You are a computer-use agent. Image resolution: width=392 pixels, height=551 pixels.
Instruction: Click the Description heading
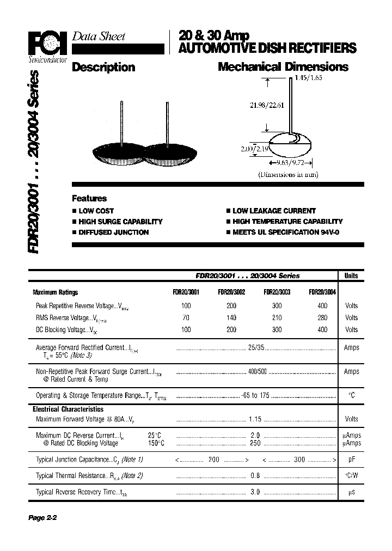pos(103,68)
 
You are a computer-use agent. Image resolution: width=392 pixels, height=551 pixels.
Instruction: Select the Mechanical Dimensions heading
pos(283,68)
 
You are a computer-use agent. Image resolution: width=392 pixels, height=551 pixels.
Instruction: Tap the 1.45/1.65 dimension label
pos(309,78)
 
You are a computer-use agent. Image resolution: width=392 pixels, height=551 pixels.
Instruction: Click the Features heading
pos(89,199)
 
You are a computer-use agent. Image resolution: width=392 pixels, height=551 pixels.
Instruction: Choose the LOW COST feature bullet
pos(96,211)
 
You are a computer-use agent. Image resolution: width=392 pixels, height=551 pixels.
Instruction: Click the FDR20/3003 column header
pos(277,292)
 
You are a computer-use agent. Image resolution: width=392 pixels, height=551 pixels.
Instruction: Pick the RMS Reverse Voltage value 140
pos(231,317)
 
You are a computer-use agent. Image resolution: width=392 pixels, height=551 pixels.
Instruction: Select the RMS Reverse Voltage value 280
pos(322,317)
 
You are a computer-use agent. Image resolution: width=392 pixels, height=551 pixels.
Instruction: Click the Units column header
pos(351,276)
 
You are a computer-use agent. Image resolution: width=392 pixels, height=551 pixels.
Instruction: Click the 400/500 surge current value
pos(258,371)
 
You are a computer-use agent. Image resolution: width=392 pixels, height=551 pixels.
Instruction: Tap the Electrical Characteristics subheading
pos(68,409)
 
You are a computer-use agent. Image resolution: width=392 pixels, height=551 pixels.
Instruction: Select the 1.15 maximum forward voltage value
pos(255,419)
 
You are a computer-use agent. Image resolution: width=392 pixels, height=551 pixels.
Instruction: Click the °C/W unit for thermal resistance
pos(351,475)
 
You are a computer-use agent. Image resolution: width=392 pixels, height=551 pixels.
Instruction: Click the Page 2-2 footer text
pos(42,518)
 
